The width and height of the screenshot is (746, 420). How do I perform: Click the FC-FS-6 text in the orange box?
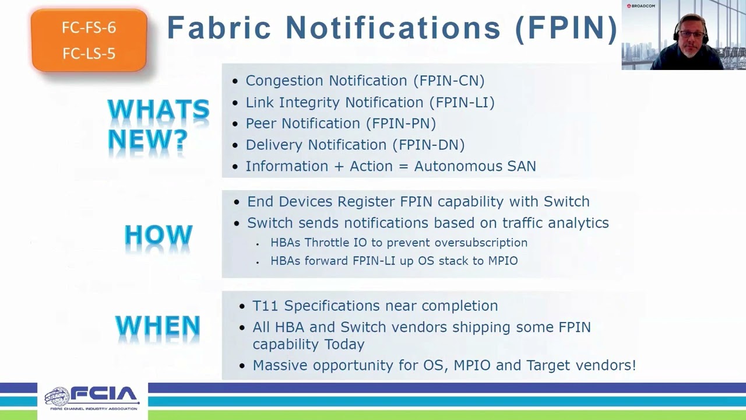click(x=89, y=27)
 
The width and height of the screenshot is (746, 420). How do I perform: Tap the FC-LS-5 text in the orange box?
click(x=89, y=53)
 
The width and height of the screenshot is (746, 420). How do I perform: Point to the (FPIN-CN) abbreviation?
click(x=449, y=80)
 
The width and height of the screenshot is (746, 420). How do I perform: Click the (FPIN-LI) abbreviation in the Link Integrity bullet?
click(x=462, y=102)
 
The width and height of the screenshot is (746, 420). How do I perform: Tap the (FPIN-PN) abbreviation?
click(x=401, y=124)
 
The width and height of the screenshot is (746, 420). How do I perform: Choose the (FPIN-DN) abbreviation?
click(x=428, y=145)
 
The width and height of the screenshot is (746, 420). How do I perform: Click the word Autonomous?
click(x=458, y=166)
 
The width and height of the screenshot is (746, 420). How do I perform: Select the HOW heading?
click(x=159, y=235)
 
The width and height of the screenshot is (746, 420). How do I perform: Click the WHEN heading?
click(x=157, y=325)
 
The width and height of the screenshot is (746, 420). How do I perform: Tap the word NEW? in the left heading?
click(x=148, y=139)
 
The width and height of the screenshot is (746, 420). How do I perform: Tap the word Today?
click(x=344, y=344)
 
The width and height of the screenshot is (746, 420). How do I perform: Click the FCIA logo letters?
click(x=104, y=395)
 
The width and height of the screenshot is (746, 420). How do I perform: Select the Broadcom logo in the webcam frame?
click(x=641, y=6)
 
